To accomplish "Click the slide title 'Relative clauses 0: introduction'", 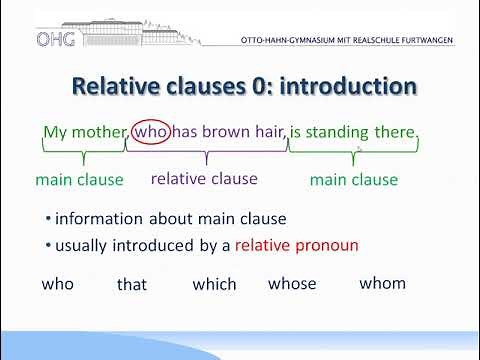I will pos(243,87).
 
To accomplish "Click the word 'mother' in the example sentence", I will pos(98,132).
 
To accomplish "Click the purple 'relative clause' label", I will pos(204,179).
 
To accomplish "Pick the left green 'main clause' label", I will pos(79,180).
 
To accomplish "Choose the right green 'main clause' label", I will pos(354,180).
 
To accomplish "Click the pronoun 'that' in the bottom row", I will pos(132,285).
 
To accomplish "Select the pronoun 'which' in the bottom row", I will pos(214,285).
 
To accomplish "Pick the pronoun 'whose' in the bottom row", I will pos(292,284).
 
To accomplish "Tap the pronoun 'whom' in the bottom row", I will pos(382,283).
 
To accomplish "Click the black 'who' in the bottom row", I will pos(58,284).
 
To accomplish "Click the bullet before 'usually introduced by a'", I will pos(49,245).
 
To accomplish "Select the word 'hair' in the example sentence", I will pos(267,132).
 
